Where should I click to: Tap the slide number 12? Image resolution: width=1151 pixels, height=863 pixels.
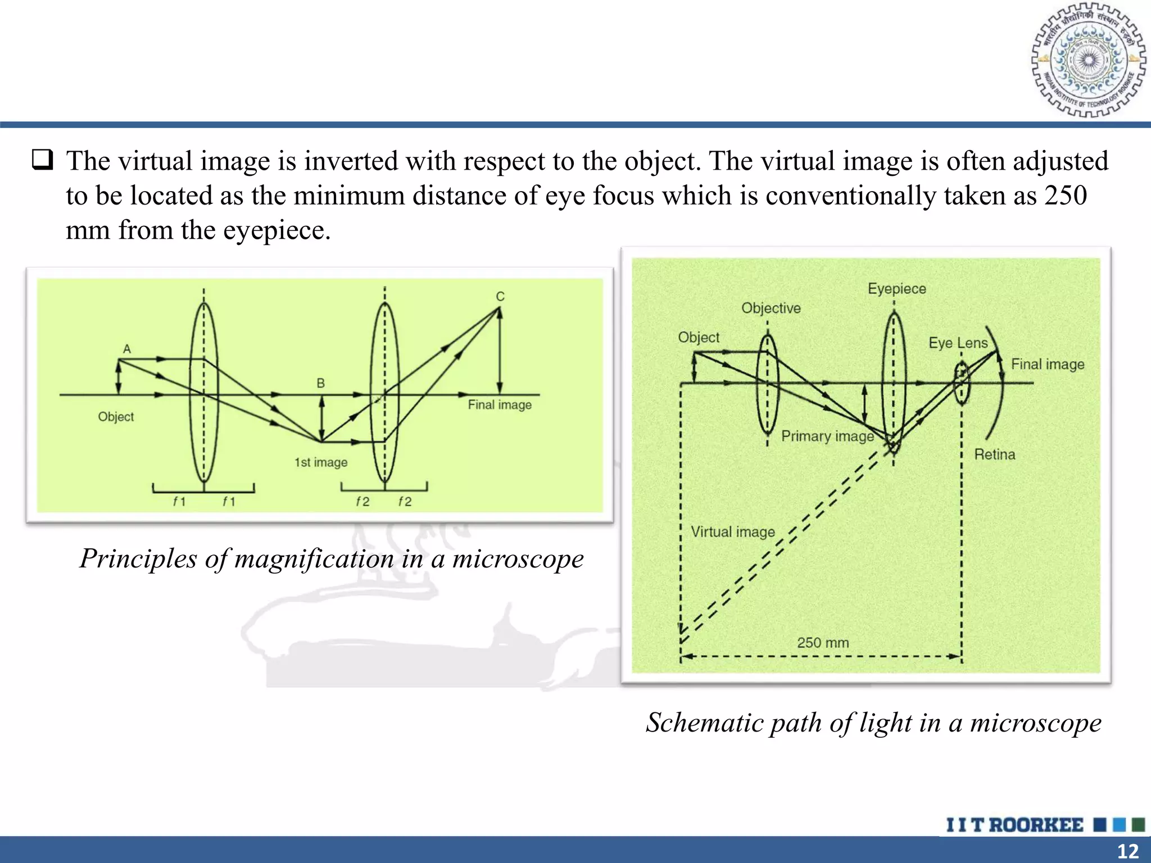tap(1127, 851)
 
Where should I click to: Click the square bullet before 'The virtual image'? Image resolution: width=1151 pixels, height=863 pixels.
tap(43, 161)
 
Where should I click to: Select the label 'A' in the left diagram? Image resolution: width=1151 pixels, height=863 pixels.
tap(127, 349)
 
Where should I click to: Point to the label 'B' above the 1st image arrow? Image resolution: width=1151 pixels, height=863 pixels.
tap(321, 383)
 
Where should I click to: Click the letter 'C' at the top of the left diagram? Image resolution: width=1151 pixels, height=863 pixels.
tap(500, 296)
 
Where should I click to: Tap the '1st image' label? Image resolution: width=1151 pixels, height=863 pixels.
tap(321, 462)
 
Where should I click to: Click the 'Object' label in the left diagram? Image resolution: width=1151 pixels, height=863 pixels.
tap(116, 417)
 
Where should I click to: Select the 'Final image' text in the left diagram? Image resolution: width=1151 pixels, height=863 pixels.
tap(500, 405)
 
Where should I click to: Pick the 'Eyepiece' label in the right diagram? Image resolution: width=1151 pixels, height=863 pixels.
tap(896, 289)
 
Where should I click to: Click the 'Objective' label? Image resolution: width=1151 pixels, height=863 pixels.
tap(771, 308)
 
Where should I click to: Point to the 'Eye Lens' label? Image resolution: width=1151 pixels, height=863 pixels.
tap(958, 343)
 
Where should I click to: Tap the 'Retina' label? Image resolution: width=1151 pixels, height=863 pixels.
tap(994, 454)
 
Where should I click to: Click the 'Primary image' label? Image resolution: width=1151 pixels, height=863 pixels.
tap(827, 436)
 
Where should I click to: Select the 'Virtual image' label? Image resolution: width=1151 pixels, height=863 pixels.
tap(732, 532)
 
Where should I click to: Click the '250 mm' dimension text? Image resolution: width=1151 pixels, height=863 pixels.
tap(823, 642)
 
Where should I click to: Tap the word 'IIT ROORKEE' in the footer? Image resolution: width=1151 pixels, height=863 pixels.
tap(1014, 825)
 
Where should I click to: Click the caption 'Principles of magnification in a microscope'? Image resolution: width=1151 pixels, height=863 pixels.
tap(332, 558)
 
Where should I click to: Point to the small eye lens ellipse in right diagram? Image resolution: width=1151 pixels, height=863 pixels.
tap(962, 383)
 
